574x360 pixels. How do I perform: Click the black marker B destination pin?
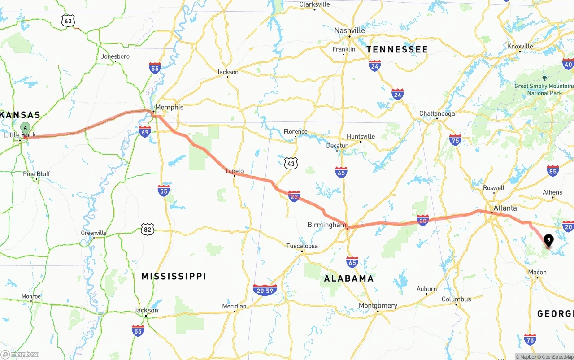548,241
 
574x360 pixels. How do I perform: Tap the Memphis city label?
169,107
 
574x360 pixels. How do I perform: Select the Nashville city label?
349,30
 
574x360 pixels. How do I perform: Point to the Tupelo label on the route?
234,171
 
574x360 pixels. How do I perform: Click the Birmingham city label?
326,225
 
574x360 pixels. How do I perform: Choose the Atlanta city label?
505,208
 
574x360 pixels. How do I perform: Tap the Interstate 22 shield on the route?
294,196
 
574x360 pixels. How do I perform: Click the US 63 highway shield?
68,21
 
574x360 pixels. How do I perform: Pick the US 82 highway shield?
147,229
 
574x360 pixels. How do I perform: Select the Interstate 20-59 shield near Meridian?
265,290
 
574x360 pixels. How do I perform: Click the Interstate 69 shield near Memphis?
144,131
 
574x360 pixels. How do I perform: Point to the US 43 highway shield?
291,163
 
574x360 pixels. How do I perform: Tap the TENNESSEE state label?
397,49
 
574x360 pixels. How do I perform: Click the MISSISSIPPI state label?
174,276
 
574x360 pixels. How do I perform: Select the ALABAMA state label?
349,278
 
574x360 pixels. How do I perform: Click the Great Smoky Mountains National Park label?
544,89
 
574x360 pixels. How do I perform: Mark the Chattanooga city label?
437,113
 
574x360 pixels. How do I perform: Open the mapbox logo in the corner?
20,354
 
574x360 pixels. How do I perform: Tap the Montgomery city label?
378,305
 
